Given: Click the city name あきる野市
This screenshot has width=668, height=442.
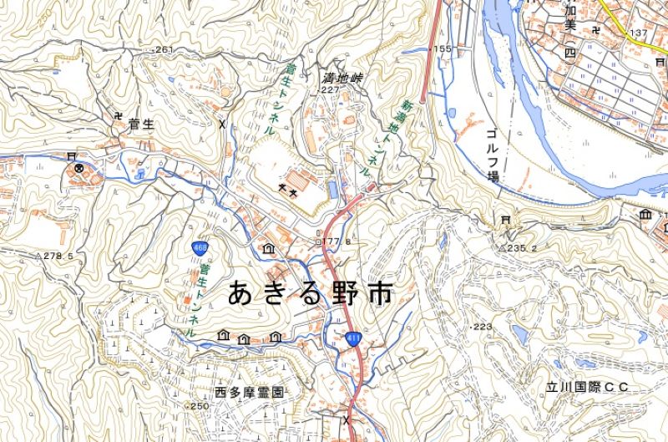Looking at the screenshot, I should (309, 294).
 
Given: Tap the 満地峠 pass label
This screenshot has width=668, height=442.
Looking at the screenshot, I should (344, 78).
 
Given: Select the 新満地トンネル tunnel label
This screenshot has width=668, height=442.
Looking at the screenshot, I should (385, 137).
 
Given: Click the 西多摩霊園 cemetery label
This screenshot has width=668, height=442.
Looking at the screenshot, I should (250, 392).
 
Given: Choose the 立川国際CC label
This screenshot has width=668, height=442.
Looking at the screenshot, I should (586, 388).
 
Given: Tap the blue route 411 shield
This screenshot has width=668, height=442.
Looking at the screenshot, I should (352, 338).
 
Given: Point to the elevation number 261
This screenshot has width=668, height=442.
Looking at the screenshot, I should (164, 50).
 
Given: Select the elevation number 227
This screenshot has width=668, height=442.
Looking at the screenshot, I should (331, 89).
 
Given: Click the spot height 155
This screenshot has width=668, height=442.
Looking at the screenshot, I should (442, 49).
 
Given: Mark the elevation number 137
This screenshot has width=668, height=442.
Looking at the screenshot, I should (640, 33).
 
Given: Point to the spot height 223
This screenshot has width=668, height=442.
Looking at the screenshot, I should (483, 326).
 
